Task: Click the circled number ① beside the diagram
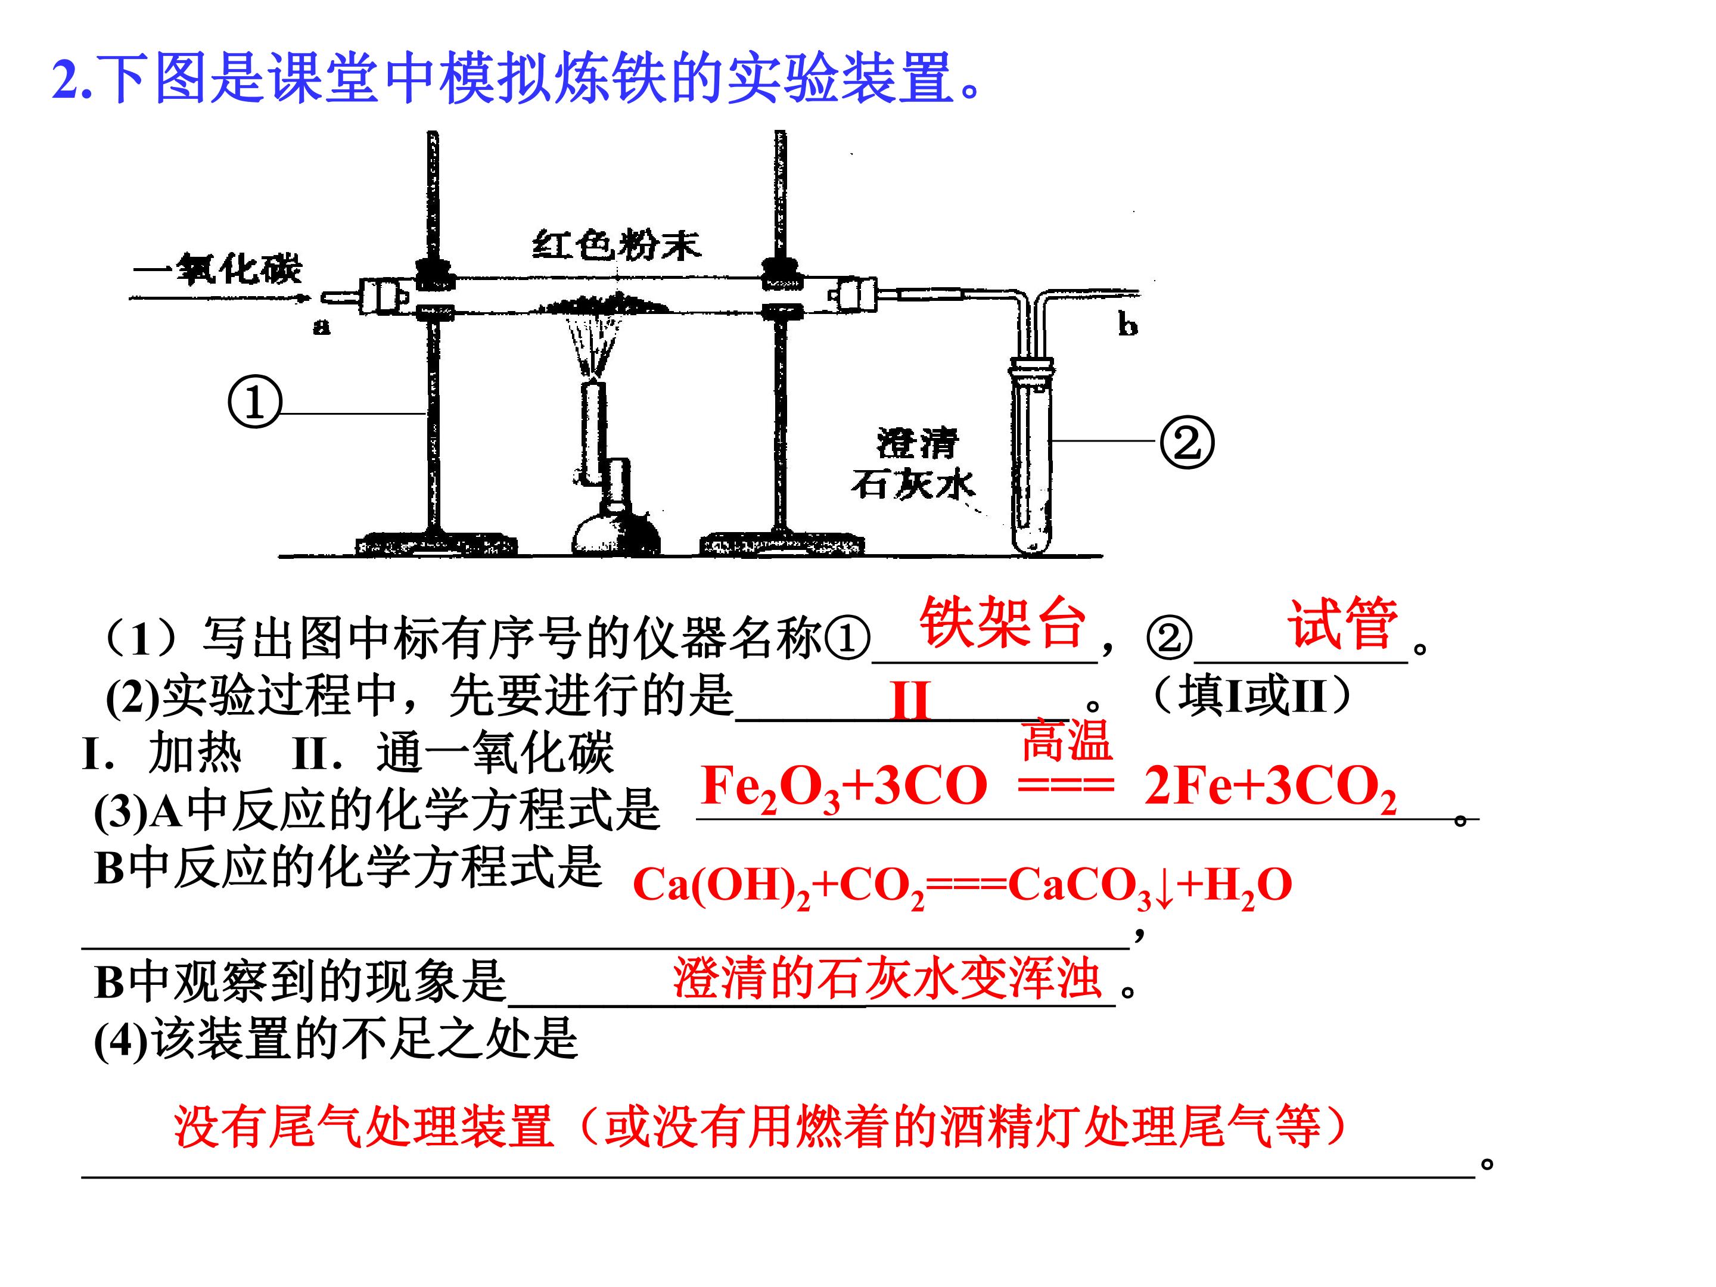(x=254, y=401)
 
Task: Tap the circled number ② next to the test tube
(x=1186, y=442)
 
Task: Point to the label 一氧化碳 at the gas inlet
(x=218, y=269)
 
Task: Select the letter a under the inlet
(x=321, y=327)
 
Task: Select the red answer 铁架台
(x=1002, y=622)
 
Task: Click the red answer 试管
(x=1343, y=622)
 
